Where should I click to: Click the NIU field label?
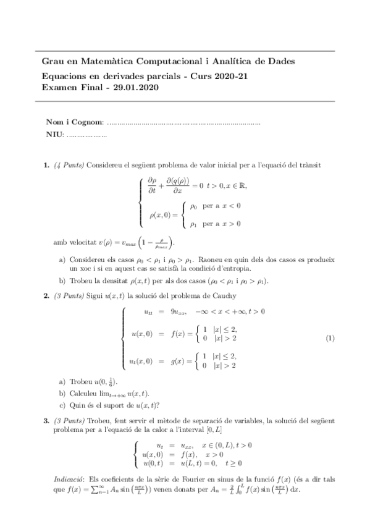pos(54,134)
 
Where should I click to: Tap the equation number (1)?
pos(330,338)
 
